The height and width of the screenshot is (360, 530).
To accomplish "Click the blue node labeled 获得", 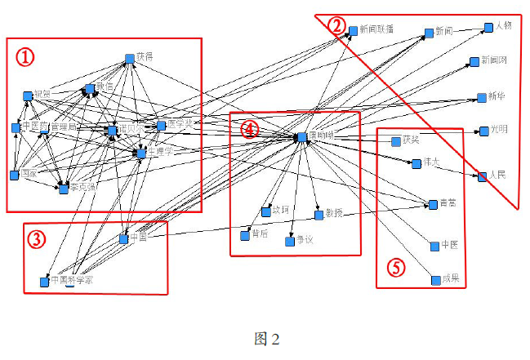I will [x=129, y=58].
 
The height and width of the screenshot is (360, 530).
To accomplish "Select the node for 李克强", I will [x=63, y=189].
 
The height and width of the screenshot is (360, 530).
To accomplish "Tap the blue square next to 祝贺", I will [x=27, y=96].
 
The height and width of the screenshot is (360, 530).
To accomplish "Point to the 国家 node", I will [x=13, y=175].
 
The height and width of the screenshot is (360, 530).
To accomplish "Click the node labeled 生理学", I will [x=140, y=153].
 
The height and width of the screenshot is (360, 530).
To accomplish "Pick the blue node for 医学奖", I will [x=161, y=125].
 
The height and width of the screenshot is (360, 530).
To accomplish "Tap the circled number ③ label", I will [x=36, y=239].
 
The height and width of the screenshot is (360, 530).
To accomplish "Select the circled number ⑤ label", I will [x=395, y=267].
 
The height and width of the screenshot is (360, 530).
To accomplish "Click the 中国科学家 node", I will [x=44, y=282].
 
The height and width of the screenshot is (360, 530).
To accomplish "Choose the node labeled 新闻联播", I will [x=354, y=30].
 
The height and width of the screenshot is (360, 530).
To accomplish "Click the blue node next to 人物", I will [x=488, y=27].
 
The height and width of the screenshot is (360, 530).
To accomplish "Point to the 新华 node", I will [x=481, y=98].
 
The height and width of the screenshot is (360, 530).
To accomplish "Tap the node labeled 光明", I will [x=483, y=131].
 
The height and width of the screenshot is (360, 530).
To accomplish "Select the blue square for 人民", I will [x=482, y=176].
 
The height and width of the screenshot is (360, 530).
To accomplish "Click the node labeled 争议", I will [x=289, y=242].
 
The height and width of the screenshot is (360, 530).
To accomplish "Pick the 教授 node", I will [x=318, y=216].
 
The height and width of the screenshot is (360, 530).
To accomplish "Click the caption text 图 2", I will [x=266, y=339].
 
